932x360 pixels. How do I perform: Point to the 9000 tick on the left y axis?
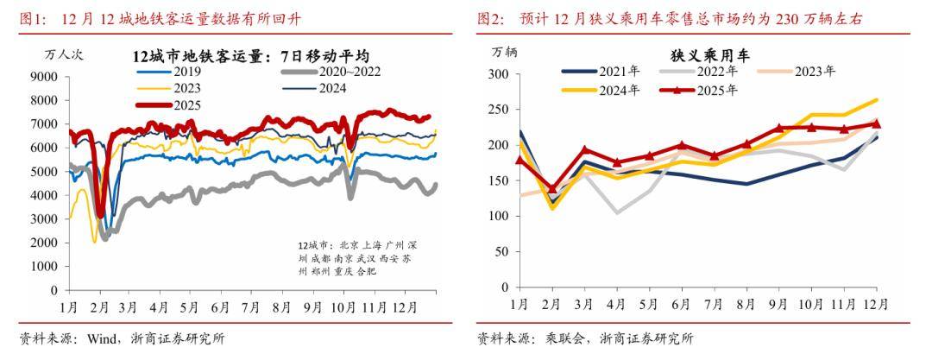(x=45, y=77)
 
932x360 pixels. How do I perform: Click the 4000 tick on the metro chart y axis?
(x=45, y=196)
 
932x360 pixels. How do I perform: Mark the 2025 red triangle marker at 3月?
(x=585, y=149)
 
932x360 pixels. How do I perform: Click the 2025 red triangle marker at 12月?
(x=876, y=123)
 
